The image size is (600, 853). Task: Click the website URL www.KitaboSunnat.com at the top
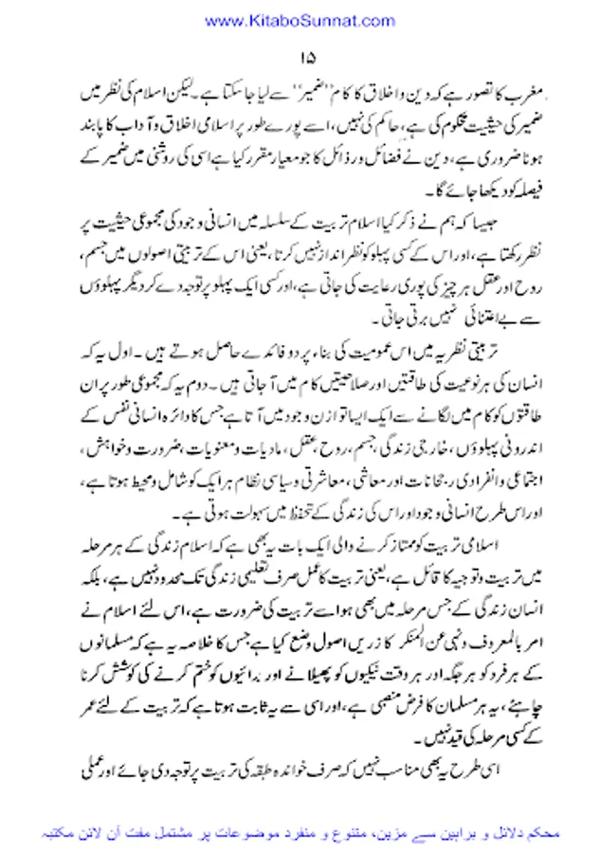300,20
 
